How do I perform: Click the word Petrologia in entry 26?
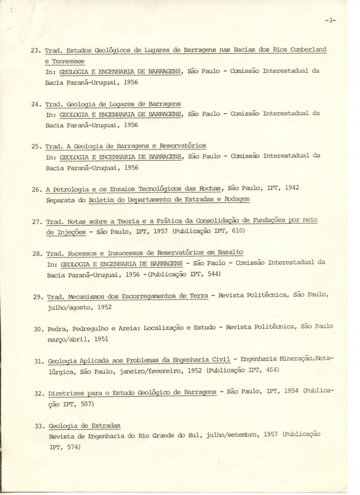tap(73, 189)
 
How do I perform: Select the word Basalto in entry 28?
tap(229, 252)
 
